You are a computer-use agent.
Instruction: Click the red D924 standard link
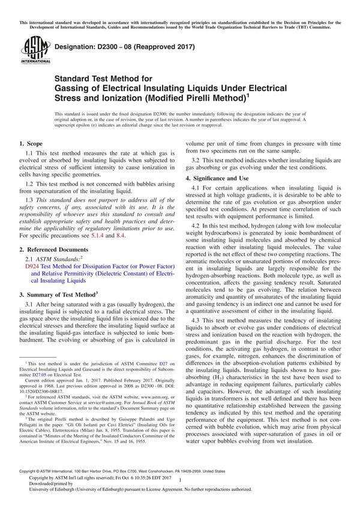point(32,264)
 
